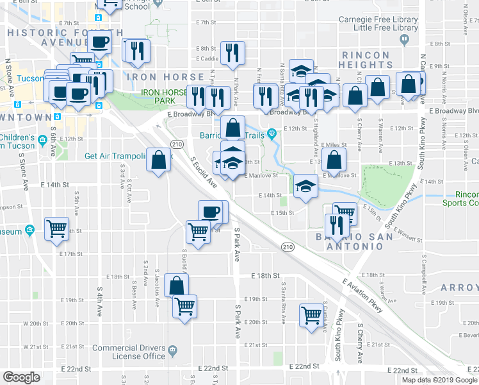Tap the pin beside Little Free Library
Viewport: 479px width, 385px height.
pyautogui.click(x=404, y=40)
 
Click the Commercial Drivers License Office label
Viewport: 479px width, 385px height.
pyautogui.click(x=129, y=352)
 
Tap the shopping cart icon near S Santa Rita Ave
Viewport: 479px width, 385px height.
pyautogui.click(x=311, y=314)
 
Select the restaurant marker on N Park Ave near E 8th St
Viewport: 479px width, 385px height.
pyautogui.click(x=232, y=52)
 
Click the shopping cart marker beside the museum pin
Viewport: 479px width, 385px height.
pyautogui.click(x=57, y=228)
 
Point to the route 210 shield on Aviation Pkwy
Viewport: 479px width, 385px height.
pyautogui.click(x=288, y=246)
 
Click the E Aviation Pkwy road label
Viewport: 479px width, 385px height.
pyautogui.click(x=363, y=295)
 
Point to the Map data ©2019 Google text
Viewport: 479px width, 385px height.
pyautogui.click(x=439, y=379)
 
